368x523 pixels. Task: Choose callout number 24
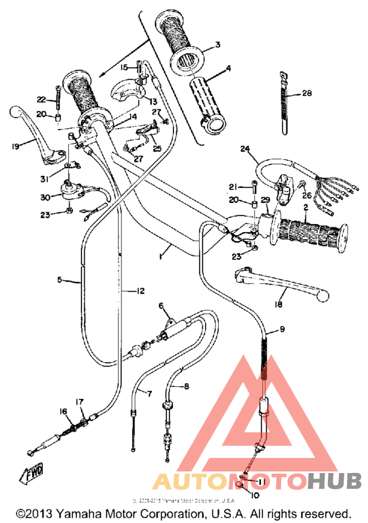(244, 149)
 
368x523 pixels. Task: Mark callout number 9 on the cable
(282, 329)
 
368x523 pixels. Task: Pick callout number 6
(160, 306)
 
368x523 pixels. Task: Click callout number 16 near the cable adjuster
(63, 411)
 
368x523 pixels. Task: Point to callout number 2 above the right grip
(305, 207)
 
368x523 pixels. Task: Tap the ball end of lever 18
(322, 297)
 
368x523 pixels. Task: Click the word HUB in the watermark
(334, 481)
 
